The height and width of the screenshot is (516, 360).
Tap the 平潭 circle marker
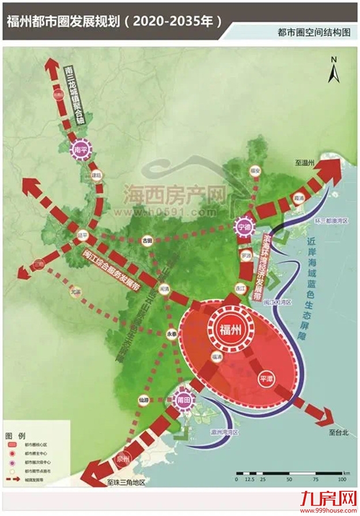coord(266,378)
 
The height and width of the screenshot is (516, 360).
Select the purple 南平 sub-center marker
coord(80,150)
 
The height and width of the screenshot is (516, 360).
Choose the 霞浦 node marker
coord(298,198)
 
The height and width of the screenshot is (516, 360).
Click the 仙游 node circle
coord(143,399)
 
